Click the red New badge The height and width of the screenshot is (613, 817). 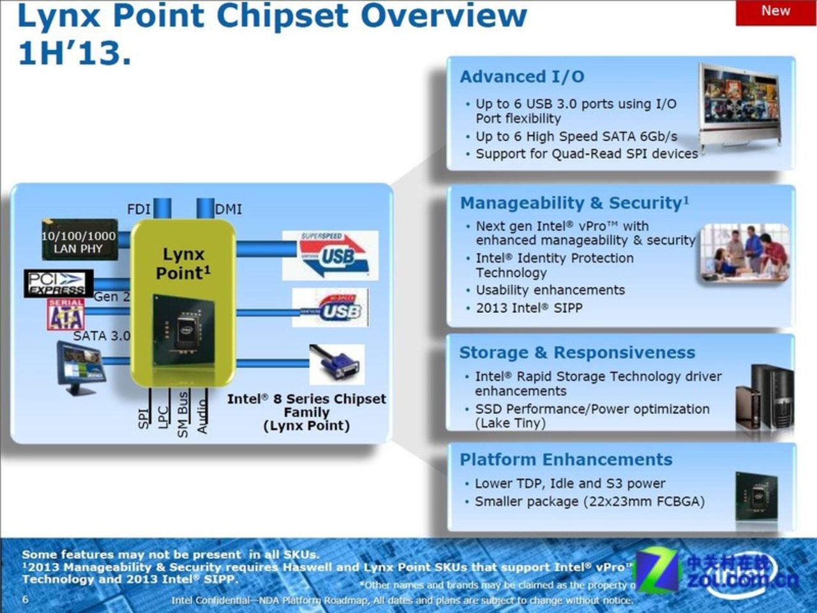point(775,12)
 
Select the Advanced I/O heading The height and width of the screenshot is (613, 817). point(521,77)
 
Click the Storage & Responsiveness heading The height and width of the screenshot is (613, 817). point(577,352)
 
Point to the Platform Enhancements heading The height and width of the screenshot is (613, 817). point(566,460)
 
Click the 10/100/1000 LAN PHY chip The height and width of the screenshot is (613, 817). point(79,241)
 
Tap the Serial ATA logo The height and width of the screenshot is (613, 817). point(65,314)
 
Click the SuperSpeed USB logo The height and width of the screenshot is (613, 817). point(331,255)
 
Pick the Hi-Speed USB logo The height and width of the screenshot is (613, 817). point(331,308)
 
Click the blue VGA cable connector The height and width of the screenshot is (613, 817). point(337,365)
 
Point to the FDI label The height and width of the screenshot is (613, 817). point(139,209)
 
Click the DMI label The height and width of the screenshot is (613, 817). point(229,209)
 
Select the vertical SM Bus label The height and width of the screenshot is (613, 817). point(183,415)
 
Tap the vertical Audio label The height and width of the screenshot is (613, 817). point(203,416)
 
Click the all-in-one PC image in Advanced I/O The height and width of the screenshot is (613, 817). point(741,105)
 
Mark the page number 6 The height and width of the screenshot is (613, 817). point(26,599)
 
